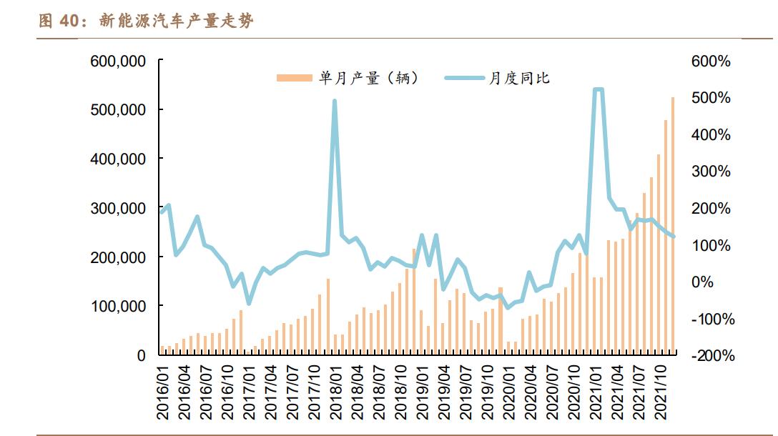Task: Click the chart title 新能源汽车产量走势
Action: pos(176,21)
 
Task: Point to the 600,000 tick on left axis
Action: pos(118,61)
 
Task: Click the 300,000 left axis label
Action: pos(118,208)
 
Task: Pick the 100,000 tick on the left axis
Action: pos(118,306)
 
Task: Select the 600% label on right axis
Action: pos(711,61)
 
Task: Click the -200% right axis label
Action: pos(712,355)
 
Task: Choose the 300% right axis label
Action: pos(711,172)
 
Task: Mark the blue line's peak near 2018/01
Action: pos(335,101)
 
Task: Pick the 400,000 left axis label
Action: pos(118,159)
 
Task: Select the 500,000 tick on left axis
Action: pos(118,110)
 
